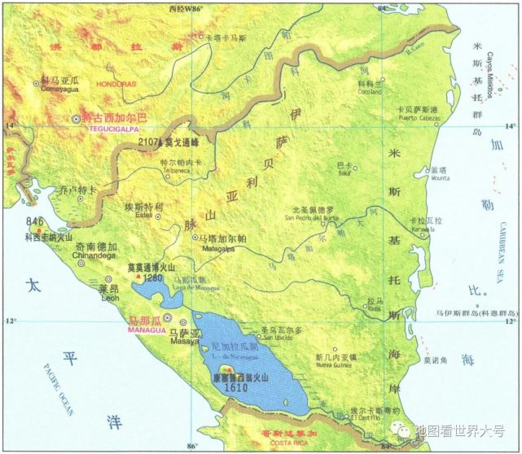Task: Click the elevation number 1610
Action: (x=237, y=390)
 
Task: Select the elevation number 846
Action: (x=35, y=221)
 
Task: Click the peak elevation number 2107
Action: (x=151, y=142)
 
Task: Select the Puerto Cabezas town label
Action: (x=416, y=117)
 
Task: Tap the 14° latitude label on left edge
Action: (x=10, y=126)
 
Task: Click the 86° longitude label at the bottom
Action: (x=192, y=446)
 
